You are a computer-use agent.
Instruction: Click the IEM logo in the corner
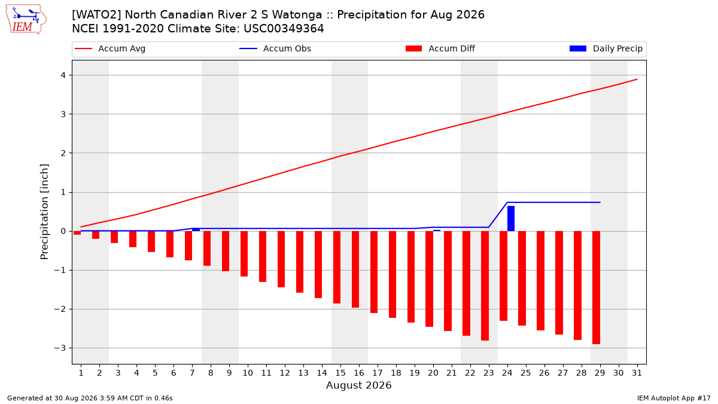point(26,20)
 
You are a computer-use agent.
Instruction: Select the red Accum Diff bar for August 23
point(485,285)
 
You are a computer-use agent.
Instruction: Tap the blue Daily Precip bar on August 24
point(510,218)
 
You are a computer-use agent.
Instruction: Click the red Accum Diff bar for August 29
point(596,288)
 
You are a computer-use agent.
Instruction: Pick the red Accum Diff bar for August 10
point(244,254)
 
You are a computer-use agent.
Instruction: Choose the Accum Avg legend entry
point(110,48)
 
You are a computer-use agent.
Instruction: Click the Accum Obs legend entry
point(275,48)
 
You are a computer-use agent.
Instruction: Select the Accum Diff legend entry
point(440,48)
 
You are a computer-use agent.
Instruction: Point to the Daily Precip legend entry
point(606,48)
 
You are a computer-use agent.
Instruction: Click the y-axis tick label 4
point(63,75)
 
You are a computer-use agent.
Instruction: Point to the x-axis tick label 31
point(637,373)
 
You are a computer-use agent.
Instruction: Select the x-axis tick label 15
point(340,373)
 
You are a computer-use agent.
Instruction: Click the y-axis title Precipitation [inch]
point(44,212)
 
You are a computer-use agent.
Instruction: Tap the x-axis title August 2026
point(358,385)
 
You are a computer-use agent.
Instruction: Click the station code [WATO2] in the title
point(96,15)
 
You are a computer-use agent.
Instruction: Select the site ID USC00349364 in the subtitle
point(284,29)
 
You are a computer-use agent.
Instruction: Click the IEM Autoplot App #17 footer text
point(674,398)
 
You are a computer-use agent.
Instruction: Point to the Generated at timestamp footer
point(90,398)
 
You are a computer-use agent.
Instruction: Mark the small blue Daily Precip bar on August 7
point(196,230)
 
